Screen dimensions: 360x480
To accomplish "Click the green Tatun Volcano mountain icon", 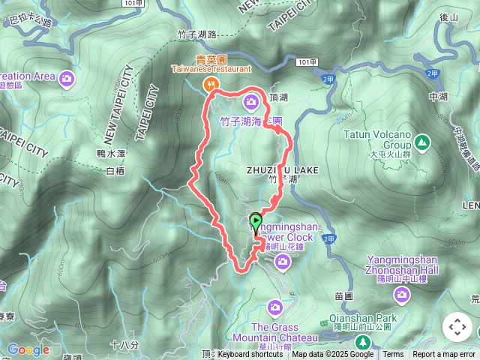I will [422, 140].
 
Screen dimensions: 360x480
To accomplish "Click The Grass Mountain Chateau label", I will [274, 332].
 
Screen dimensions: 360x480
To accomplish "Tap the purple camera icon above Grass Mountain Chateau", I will [275, 306].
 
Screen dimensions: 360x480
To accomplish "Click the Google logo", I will [28, 349].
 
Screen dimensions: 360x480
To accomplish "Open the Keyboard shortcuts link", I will [250, 355].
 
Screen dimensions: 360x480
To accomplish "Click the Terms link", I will [393, 355].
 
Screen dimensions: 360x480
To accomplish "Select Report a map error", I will [444, 355].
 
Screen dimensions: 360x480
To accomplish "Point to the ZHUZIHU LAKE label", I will [283, 171].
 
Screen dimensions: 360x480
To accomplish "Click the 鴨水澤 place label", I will [110, 153].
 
